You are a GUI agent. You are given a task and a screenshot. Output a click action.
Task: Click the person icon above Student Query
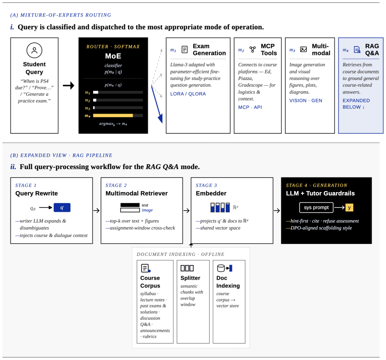coord(35,50)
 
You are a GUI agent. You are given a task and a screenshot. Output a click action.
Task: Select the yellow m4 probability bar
coord(113,115)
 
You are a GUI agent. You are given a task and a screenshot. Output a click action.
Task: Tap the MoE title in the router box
coord(113,56)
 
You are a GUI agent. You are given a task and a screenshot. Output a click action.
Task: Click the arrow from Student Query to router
coord(68,86)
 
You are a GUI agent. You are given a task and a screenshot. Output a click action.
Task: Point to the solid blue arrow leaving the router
coord(157,104)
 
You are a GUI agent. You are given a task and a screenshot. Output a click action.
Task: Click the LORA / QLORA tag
coord(188,94)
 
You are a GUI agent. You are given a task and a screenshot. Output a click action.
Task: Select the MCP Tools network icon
coord(253,50)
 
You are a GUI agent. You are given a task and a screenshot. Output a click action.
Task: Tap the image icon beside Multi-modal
coord(303,50)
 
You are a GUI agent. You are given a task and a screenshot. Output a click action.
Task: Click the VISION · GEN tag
coord(306,101)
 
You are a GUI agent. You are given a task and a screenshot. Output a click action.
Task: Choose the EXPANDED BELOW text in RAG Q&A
coord(356,104)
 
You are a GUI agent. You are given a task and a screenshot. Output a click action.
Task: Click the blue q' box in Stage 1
coord(62,207)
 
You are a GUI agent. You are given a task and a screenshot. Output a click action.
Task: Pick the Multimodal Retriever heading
coord(136,193)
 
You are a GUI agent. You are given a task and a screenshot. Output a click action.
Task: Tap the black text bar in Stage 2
coord(130,205)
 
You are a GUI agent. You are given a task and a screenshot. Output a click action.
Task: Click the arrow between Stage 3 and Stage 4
coord(277,211)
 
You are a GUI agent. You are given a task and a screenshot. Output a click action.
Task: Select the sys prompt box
coord(316,207)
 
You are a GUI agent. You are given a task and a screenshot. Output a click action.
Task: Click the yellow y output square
coord(349,207)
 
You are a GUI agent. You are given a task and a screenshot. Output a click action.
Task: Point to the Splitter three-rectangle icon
coord(187,268)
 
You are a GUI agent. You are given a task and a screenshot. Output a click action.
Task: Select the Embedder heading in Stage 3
coord(211,193)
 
